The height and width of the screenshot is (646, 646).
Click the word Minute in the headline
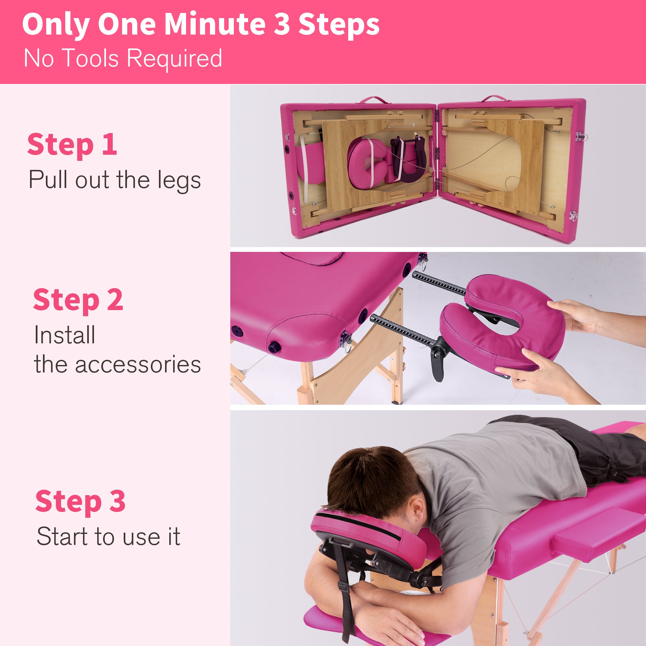tap(214, 24)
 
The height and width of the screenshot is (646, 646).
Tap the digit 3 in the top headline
tap(282, 24)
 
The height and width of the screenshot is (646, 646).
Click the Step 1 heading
tap(72, 144)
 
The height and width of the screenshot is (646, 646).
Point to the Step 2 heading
tap(78, 300)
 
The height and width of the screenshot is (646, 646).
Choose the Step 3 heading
tap(80, 502)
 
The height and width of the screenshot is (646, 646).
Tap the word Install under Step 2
tap(65, 335)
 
